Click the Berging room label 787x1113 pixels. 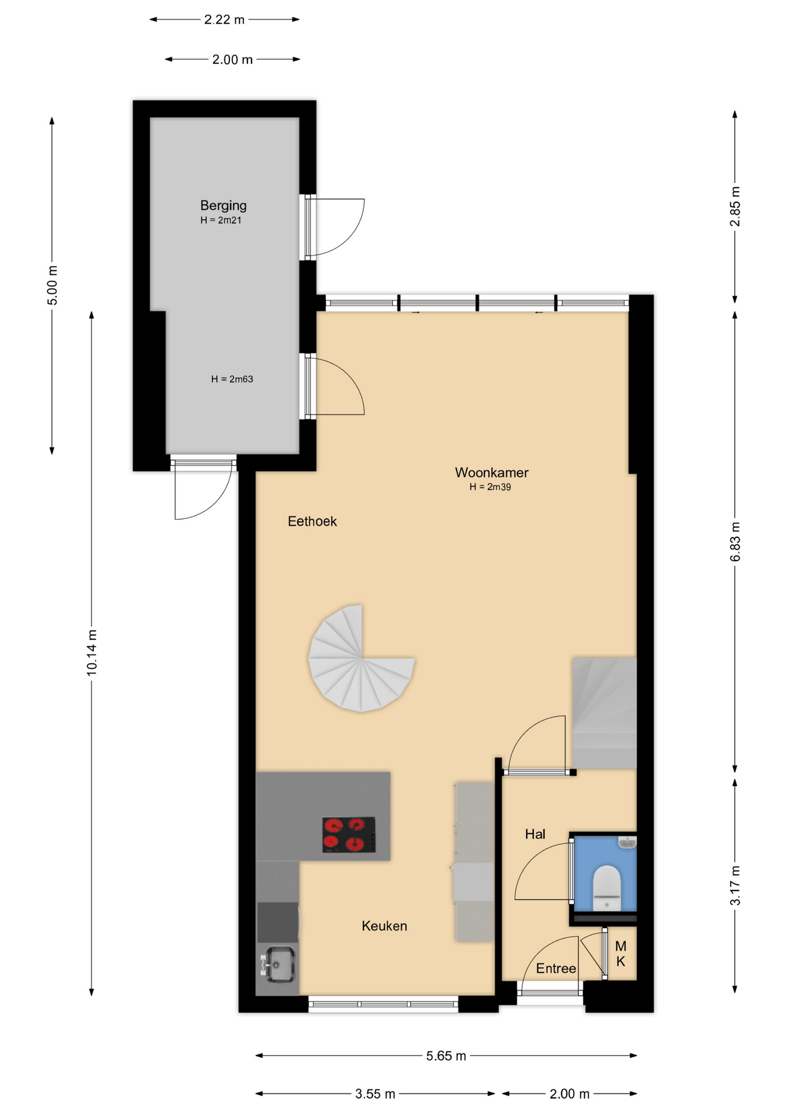[223, 206]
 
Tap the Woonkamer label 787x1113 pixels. [491, 472]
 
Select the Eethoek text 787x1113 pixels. [312, 521]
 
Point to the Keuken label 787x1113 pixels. [384, 926]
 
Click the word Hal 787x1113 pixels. [535, 834]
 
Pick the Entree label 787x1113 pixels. [556, 968]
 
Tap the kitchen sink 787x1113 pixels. [279, 965]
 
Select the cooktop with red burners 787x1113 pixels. [349, 835]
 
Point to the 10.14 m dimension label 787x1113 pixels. [92, 652]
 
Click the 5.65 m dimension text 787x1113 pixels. [446, 1056]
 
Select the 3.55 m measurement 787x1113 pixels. [375, 1094]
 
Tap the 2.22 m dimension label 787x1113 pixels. [224, 20]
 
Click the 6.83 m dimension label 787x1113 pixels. [735, 541]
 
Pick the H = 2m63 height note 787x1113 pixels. [232, 379]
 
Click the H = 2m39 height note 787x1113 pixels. [490, 487]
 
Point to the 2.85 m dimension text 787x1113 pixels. [735, 206]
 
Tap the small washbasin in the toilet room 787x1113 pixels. [627, 842]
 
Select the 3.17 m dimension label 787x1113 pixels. [735, 885]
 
